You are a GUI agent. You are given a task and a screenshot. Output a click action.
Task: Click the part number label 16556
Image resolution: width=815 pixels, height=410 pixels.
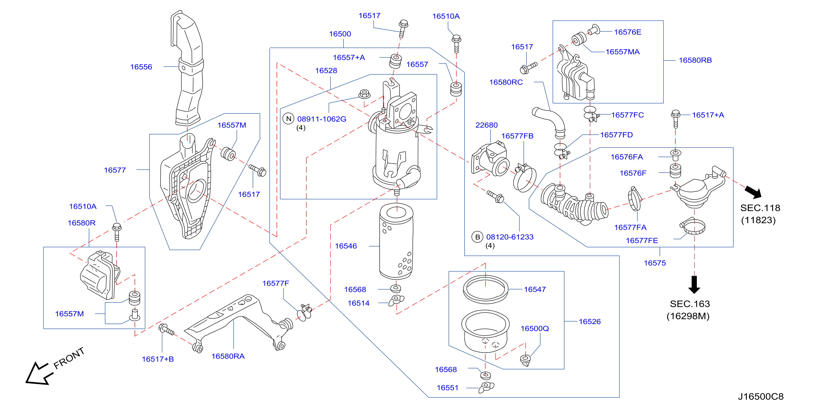141,67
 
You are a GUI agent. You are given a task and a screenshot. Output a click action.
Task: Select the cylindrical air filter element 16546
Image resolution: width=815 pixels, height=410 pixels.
396,241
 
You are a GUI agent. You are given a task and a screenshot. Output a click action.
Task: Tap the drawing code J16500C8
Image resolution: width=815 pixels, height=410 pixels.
761,396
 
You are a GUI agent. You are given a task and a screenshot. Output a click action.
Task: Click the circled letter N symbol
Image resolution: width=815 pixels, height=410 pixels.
288,119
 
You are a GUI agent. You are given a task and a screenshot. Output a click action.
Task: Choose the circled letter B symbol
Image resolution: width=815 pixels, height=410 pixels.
477,237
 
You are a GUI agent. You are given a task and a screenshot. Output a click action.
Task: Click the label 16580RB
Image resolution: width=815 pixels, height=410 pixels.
695,60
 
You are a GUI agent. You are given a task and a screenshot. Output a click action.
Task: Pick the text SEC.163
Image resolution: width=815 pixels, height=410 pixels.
690,304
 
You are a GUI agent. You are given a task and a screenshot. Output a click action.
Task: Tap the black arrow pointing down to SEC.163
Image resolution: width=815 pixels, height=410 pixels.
694,285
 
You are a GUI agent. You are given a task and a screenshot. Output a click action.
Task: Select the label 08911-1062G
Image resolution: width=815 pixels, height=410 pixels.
321,119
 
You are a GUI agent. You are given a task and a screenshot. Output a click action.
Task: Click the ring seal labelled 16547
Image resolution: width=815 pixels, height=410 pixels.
485,289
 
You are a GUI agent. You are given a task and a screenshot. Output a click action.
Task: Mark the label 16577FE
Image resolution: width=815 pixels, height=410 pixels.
642,240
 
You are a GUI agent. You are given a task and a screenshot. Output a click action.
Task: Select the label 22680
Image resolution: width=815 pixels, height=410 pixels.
486,125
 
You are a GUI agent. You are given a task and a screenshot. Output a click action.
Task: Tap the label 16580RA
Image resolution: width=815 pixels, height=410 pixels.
228,356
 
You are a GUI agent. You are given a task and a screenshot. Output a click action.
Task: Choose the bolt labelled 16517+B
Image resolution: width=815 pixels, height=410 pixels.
166,329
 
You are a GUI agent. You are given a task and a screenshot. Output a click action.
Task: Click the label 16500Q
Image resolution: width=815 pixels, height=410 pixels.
534,328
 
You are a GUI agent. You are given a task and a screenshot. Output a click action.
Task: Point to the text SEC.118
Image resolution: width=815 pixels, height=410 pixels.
760,208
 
